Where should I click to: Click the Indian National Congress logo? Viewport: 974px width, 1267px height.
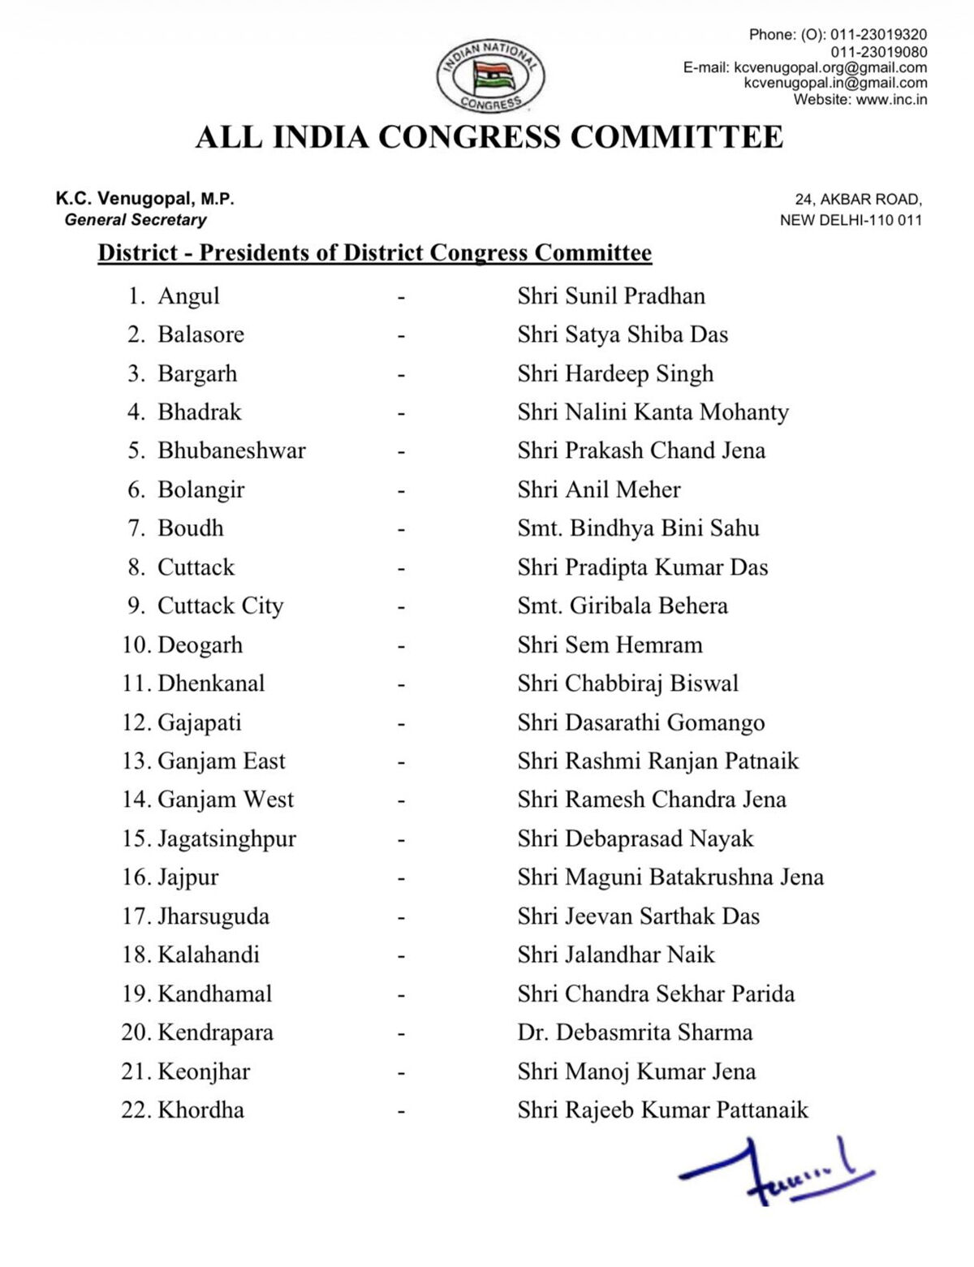click(x=491, y=75)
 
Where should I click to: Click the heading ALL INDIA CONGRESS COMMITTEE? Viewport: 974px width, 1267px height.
click(x=489, y=137)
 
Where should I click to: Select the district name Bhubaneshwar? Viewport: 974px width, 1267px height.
click(x=231, y=450)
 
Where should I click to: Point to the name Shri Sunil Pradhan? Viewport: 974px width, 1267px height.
click(x=611, y=295)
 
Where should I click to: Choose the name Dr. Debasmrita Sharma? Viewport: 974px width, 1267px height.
click(x=635, y=1032)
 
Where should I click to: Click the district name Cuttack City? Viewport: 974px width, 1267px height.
click(x=220, y=606)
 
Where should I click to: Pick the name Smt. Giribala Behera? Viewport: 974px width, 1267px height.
click(x=623, y=606)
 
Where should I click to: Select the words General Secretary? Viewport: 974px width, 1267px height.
click(x=136, y=220)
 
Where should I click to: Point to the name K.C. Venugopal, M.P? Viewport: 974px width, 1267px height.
click(x=144, y=199)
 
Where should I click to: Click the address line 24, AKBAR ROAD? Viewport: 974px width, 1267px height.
click(x=858, y=200)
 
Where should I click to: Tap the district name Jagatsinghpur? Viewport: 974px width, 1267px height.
click(x=226, y=838)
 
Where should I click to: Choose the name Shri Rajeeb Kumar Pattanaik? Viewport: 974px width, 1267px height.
click(x=663, y=1110)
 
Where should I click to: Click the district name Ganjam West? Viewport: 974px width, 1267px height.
click(x=225, y=799)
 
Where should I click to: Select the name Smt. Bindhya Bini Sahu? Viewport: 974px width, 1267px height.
click(x=638, y=528)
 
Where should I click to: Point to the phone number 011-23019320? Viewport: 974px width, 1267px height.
click(x=878, y=35)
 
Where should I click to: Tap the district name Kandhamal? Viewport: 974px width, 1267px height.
click(x=214, y=994)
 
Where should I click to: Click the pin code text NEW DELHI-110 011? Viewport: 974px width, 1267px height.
click(x=851, y=221)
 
